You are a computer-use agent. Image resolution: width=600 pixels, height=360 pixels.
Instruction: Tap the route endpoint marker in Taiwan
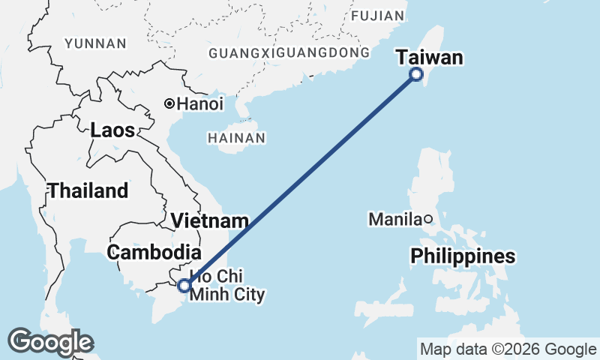pos(417,74)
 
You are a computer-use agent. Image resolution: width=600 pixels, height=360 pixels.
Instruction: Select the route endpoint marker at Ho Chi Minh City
pos(184,285)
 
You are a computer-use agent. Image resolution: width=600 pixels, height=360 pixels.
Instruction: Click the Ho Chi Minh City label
pos(227,286)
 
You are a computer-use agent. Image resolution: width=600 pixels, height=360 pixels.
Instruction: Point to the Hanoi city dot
pos(170,104)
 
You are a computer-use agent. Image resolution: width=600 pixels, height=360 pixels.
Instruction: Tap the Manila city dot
pos(427,219)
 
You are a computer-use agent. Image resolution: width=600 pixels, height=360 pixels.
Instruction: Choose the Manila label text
pos(394,220)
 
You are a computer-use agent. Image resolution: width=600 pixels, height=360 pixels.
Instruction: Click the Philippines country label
pos(463,256)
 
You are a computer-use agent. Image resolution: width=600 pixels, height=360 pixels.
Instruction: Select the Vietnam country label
pos(209,221)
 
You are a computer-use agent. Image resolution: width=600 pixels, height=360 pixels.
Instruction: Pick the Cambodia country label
pos(154,253)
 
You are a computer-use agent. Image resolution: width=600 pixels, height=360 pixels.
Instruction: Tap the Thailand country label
pos(88,190)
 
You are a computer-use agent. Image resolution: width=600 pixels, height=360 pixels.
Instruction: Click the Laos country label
pos(112,130)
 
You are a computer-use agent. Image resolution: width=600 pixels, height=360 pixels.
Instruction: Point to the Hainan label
pos(236,139)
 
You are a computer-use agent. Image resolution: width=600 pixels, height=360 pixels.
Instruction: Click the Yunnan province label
pos(95,43)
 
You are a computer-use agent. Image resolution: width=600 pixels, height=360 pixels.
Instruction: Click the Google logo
pos(50,342)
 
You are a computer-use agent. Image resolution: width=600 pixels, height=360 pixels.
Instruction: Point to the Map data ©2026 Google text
pos(508,349)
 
